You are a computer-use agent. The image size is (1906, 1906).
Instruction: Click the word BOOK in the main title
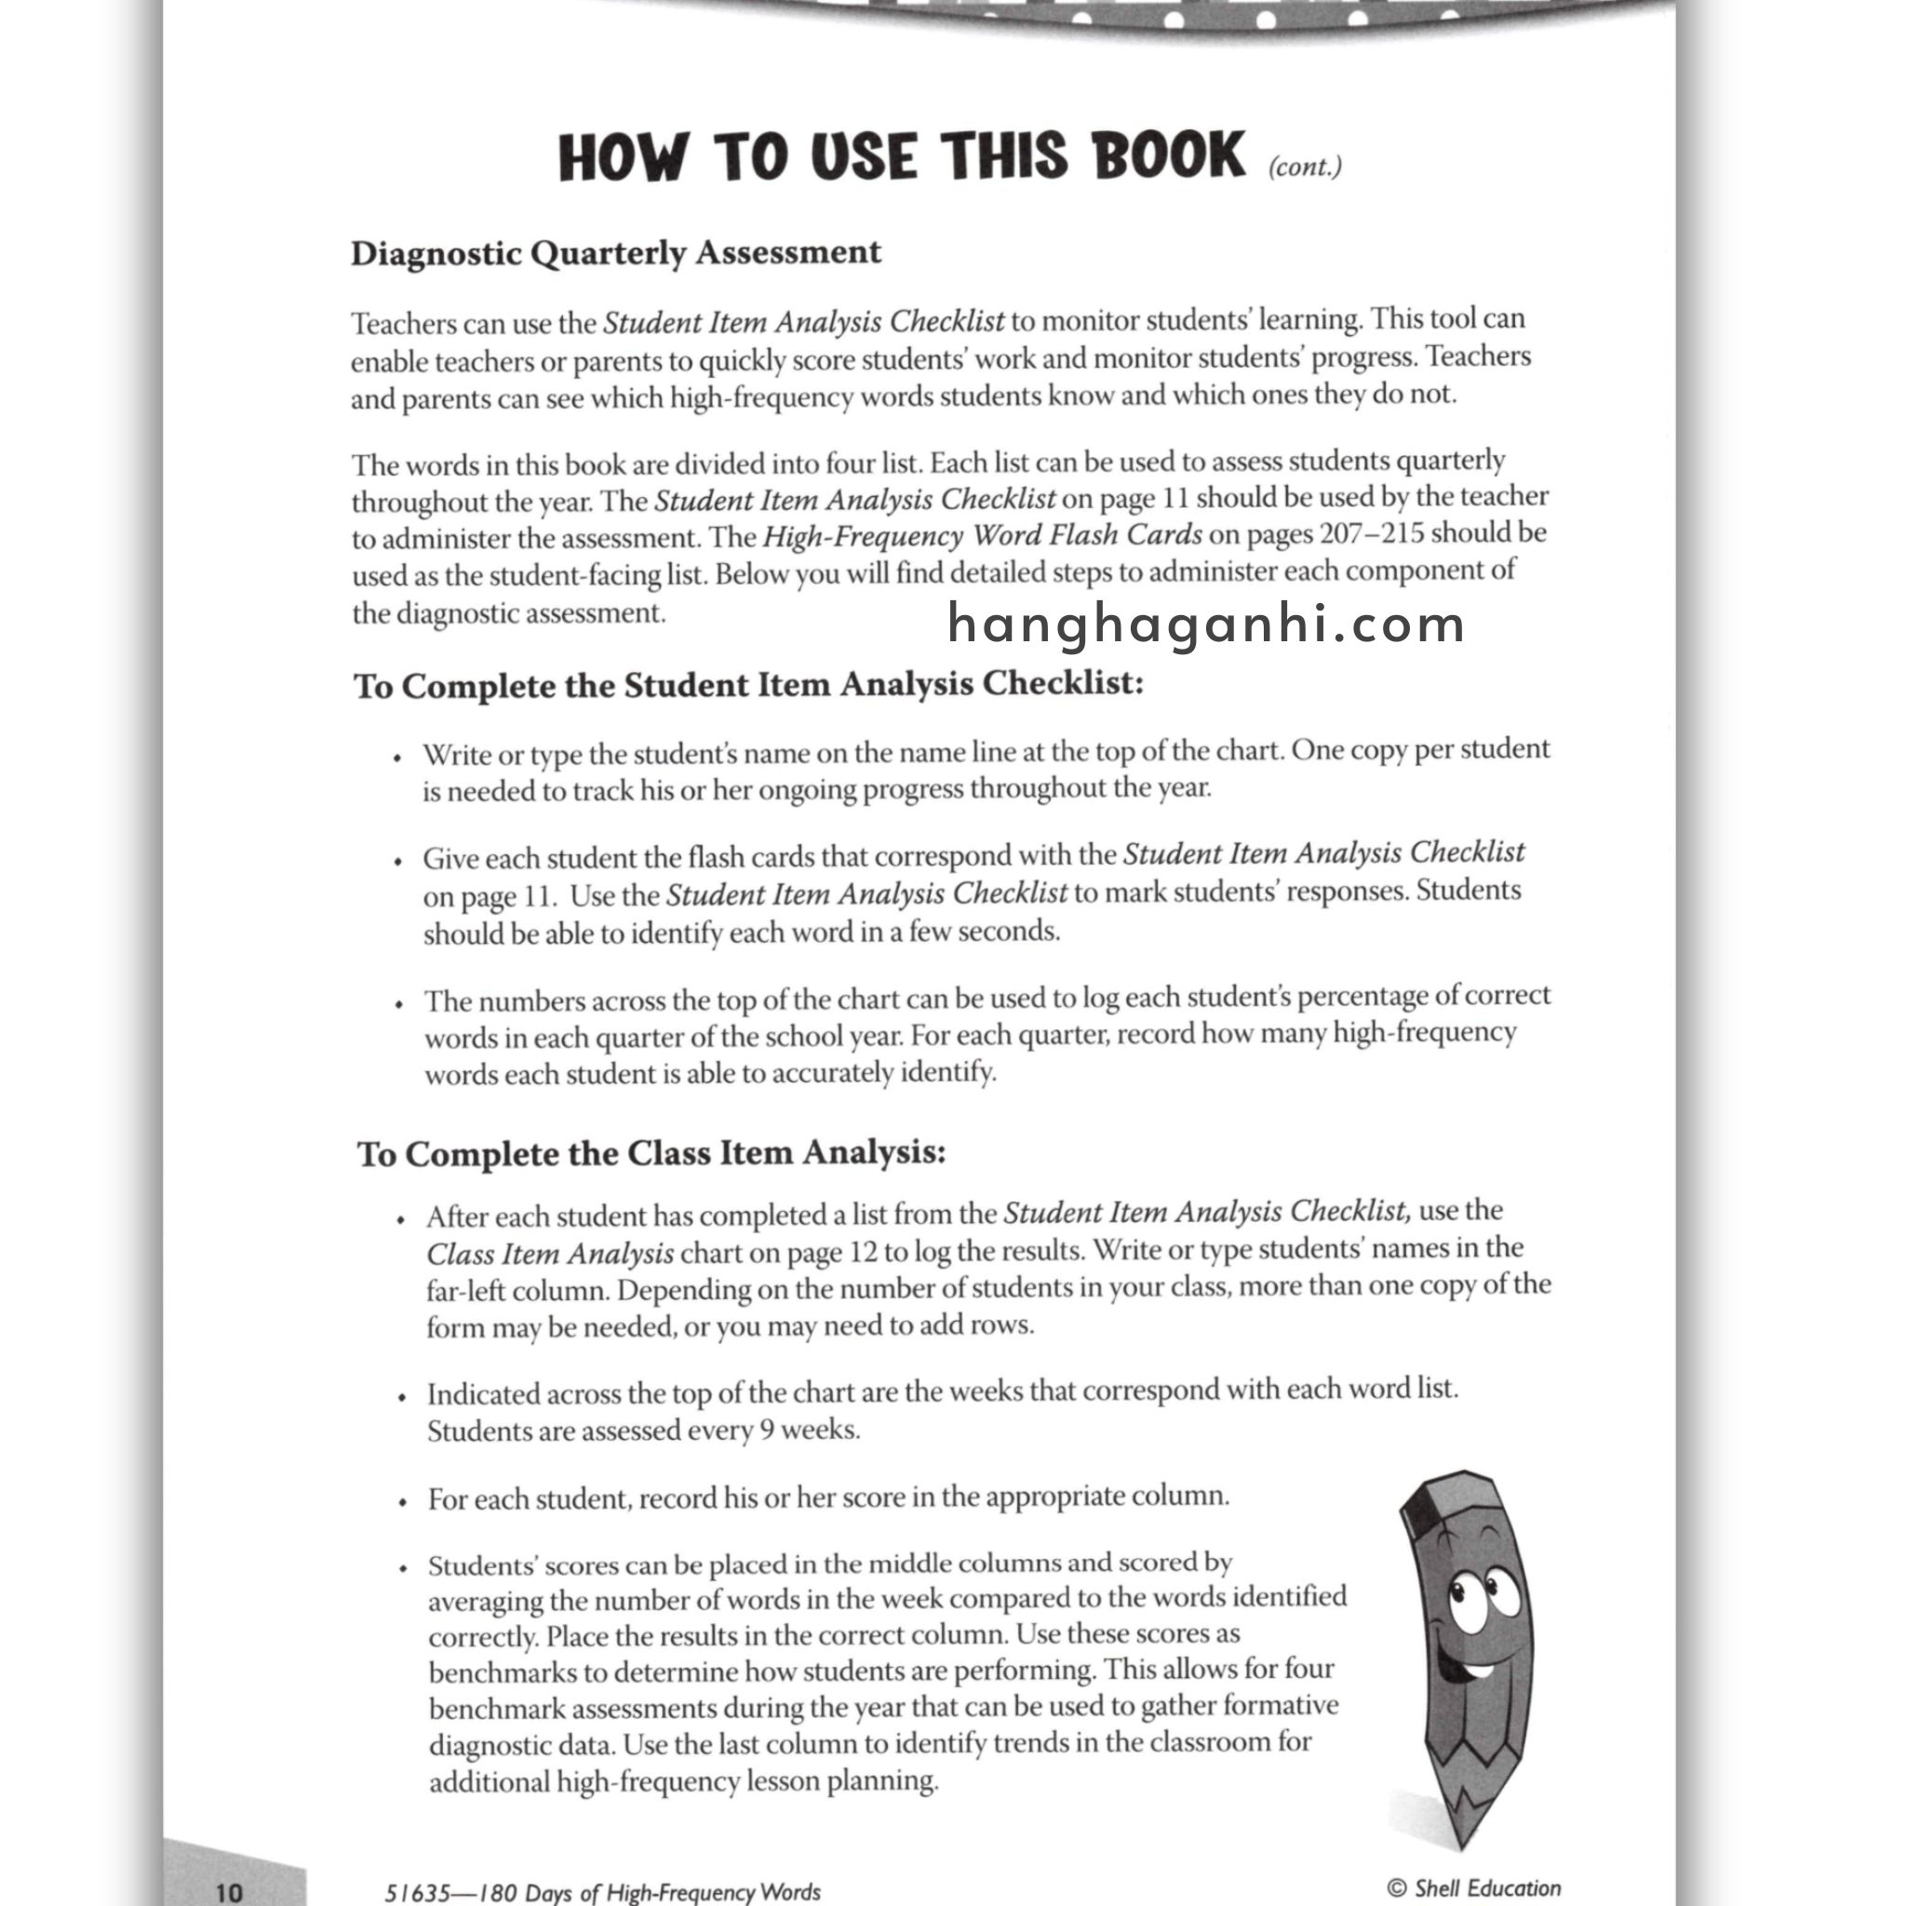click(x=1168, y=155)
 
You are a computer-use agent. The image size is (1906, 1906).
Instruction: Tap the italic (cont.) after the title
click(x=1304, y=167)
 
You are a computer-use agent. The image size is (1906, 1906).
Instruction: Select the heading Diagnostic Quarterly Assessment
click(x=615, y=252)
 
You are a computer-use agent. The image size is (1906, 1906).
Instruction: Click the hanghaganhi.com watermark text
click(x=1205, y=624)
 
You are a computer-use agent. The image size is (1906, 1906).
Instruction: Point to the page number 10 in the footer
click(x=228, y=1890)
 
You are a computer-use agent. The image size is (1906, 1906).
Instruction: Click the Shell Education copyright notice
click(x=1474, y=1887)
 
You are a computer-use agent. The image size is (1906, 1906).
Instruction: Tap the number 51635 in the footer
click(x=416, y=1891)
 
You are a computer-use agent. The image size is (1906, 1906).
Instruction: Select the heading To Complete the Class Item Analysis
click(x=651, y=1152)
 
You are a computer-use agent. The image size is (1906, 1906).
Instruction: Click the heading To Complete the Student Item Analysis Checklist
click(x=748, y=685)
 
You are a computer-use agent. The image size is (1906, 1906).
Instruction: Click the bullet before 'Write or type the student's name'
click(x=397, y=758)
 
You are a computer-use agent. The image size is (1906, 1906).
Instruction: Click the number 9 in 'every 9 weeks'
click(x=766, y=1429)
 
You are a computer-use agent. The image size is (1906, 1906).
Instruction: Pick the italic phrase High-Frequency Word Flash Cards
click(x=982, y=536)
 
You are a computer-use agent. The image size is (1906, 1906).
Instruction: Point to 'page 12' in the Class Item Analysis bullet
click(x=832, y=1252)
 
